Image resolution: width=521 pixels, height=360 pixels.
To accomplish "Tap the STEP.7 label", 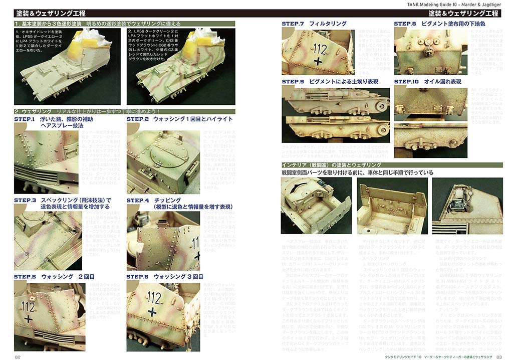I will click(293, 24).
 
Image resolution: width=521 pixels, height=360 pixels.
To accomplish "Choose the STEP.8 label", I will click(405, 24).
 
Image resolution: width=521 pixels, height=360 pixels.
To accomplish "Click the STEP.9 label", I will click(293, 81).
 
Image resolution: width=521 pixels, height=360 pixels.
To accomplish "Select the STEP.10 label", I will click(406, 81).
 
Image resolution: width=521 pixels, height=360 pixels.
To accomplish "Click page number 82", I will click(18, 357).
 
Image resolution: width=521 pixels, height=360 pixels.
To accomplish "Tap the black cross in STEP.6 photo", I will click(151, 311).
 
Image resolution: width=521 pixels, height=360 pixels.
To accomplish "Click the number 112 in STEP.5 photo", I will click(29, 305).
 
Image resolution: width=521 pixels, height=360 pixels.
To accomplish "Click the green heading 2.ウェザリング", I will click(33, 111).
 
